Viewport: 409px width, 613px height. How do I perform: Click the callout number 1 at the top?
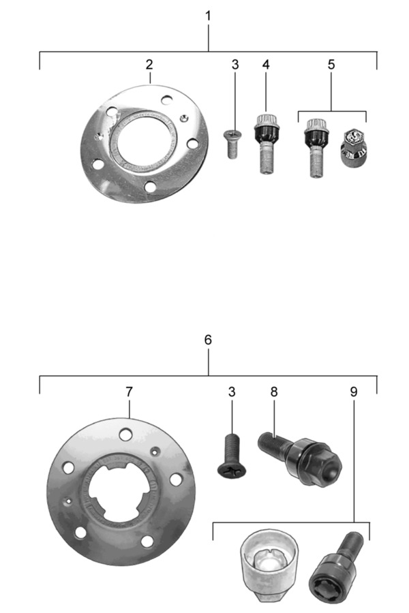click(208, 16)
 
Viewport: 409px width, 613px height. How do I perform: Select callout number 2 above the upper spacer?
click(149, 65)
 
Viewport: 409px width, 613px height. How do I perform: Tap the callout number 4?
click(266, 65)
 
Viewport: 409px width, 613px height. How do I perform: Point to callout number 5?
click(331, 65)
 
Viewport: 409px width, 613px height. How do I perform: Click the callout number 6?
click(208, 340)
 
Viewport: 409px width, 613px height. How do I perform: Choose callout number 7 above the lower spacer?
click(129, 392)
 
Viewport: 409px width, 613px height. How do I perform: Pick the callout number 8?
click(273, 392)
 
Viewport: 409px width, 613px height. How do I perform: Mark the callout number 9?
click(353, 392)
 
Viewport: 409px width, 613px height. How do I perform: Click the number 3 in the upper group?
click(234, 65)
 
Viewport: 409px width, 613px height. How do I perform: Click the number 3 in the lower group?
click(232, 392)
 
